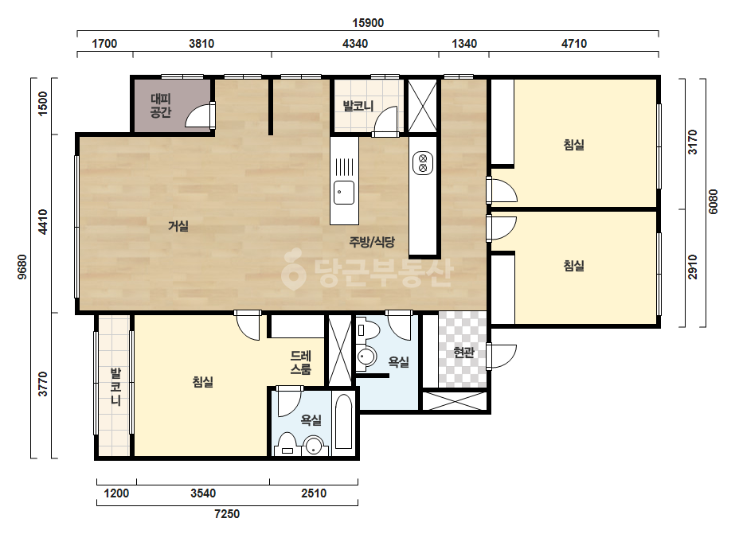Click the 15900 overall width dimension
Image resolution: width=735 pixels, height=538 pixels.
coord(368,23)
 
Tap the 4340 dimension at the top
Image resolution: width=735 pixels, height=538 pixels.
coord(355,44)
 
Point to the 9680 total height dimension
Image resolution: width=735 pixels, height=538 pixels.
coord(22,267)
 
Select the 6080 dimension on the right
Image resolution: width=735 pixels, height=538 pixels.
coord(713,201)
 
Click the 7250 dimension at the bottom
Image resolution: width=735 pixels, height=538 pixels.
coord(227,514)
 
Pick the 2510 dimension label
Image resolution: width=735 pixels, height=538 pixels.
coord(314,493)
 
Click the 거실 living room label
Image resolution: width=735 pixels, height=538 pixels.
coord(178,226)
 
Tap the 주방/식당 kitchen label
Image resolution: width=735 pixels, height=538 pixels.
coord(372,242)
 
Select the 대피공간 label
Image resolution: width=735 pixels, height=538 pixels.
coord(161,105)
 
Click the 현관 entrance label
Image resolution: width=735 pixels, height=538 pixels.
coord(463,352)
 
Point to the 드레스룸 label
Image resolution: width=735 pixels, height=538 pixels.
coord(300,362)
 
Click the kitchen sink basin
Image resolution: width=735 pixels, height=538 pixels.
coord(343,193)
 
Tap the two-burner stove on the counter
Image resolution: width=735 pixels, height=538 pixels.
coord(423,162)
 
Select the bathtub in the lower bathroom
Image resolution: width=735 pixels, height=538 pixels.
coord(343,422)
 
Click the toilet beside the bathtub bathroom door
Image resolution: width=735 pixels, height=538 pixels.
coord(287,444)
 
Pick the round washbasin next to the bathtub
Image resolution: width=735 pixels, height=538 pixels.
coord(313,446)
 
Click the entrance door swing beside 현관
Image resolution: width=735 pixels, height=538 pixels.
coord(502,357)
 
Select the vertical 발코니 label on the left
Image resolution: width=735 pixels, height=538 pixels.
coord(115,387)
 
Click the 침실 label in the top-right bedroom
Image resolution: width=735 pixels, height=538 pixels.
coord(574,144)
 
